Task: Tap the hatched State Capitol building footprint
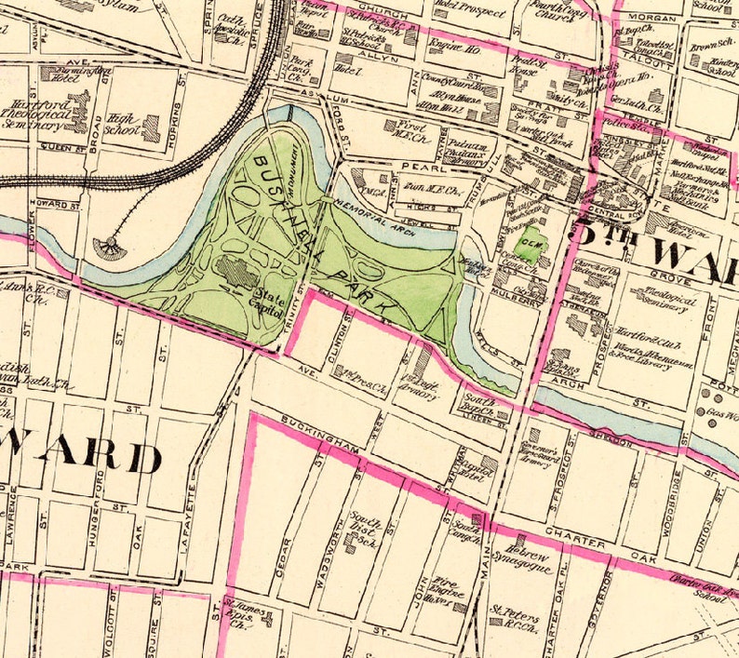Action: click(x=236, y=273)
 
